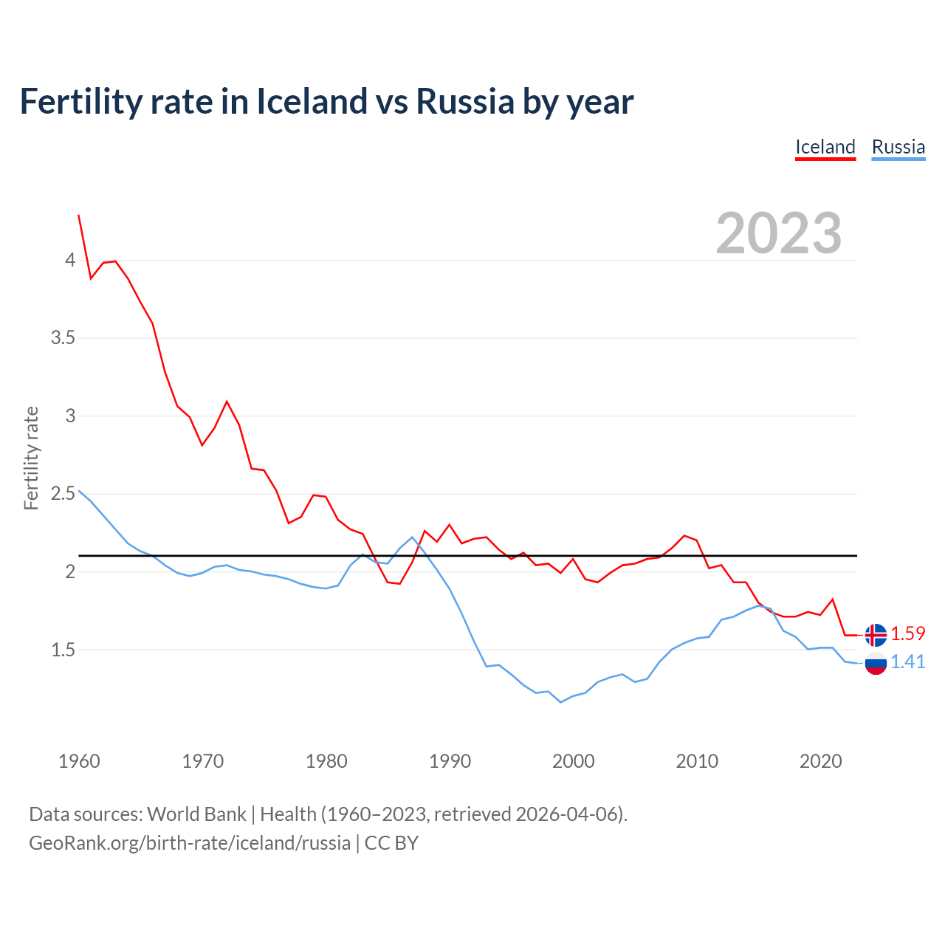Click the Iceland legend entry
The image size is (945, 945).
[825, 147]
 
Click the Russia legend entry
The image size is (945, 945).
[898, 147]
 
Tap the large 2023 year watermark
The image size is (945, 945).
[779, 233]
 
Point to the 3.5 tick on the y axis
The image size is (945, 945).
[63, 338]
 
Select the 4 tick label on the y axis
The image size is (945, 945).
[70, 260]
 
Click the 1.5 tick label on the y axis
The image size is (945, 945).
[63, 650]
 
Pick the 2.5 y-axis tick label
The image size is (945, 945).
[63, 493]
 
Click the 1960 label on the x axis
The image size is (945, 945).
[79, 761]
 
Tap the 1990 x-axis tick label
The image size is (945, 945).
[450, 761]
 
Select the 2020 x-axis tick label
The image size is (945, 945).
[820, 761]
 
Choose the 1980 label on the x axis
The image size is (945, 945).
[326, 761]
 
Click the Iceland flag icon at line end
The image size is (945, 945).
[876, 635]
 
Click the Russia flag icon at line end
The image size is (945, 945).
[876, 663]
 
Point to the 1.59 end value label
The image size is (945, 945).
[907, 633]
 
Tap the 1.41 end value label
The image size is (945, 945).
[907, 661]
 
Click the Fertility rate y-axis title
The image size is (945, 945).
[31, 458]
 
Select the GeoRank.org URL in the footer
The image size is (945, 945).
[190, 843]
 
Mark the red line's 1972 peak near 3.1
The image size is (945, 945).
[227, 402]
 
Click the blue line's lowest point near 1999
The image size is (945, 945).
[560, 702]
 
